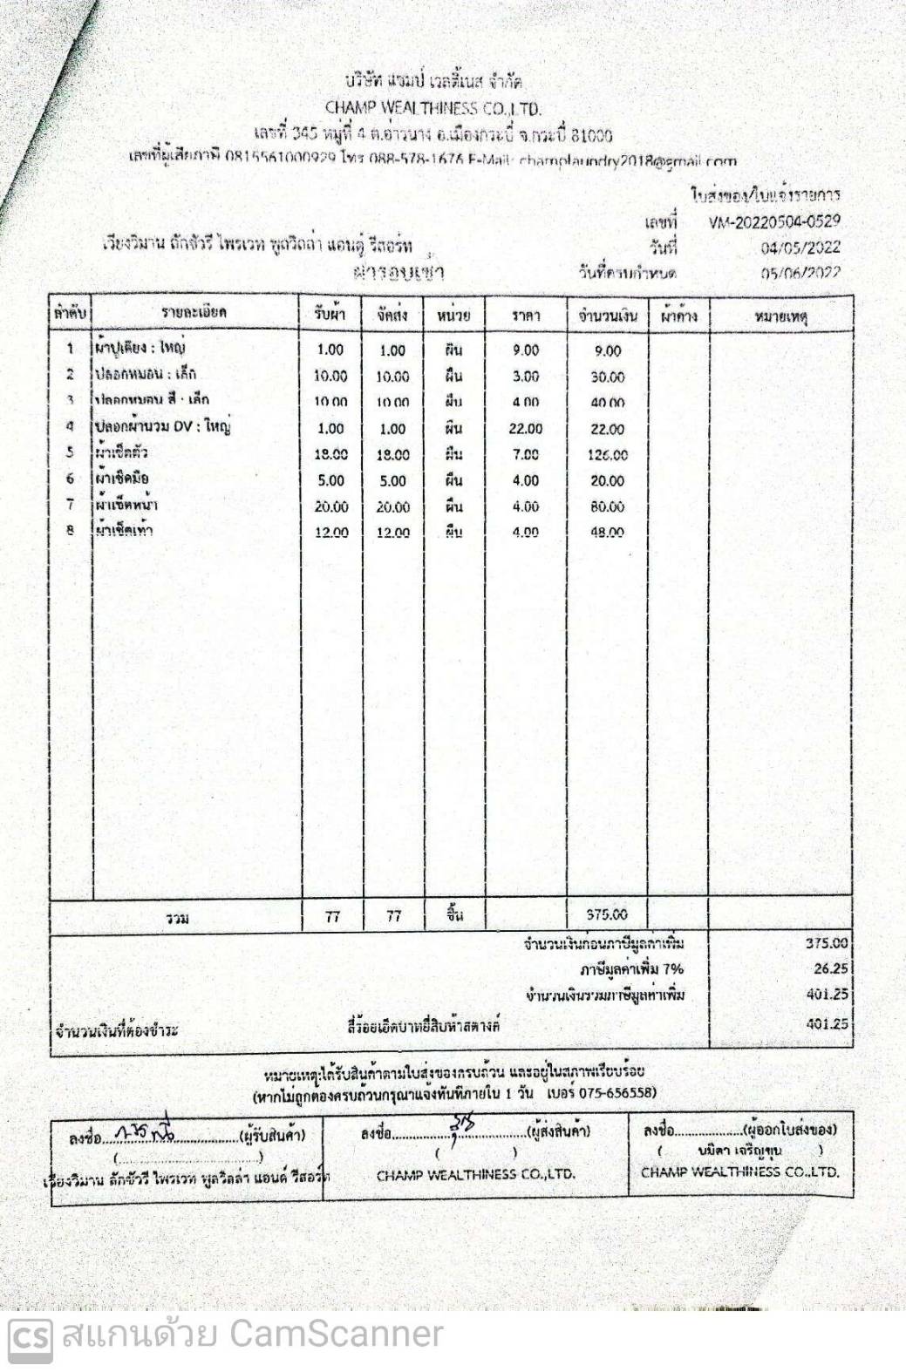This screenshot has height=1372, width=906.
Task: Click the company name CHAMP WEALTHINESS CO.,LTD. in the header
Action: pos(433,109)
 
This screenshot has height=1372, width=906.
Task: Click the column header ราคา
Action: pos(526,316)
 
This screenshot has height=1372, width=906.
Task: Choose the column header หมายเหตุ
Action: pos(780,316)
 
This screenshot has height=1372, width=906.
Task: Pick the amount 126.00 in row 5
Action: pos(607,455)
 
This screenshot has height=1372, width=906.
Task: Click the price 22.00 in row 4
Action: pos(526,429)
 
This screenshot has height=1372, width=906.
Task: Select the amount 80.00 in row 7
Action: pos(607,506)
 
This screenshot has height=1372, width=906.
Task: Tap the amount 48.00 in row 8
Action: pos(607,533)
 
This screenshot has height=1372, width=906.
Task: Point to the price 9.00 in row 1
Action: pos(526,350)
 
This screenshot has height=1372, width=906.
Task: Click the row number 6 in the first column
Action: pos(70,479)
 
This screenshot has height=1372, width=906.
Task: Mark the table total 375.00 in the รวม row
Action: pos(607,914)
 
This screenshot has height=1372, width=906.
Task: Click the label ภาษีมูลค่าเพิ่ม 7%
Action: pos(632,969)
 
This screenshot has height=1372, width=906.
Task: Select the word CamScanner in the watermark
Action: pos(337,1335)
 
